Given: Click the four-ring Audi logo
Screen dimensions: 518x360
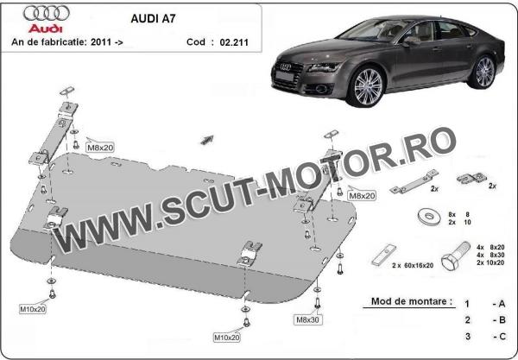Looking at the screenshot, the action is (x=47, y=13).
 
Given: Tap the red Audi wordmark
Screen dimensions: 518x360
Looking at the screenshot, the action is (x=45, y=28).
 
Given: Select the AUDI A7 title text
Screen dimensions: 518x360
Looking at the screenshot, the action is (x=153, y=18).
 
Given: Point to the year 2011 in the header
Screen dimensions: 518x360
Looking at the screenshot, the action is (x=98, y=42).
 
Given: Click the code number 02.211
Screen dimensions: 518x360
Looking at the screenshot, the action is (x=234, y=42).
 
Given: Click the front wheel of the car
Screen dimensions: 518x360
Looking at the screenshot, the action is (x=368, y=87).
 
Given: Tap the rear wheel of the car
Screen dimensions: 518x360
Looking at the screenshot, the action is (x=483, y=72).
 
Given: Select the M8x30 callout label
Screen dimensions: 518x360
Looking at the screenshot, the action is (x=307, y=319).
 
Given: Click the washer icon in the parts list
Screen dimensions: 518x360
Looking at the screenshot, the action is (x=429, y=217).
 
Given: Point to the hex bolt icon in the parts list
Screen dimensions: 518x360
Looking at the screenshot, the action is (x=456, y=256).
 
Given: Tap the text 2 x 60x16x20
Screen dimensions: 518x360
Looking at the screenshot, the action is (x=413, y=265).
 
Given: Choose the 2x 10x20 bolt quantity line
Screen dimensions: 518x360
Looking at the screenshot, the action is (x=490, y=262).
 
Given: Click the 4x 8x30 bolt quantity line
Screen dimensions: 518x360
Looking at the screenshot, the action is (x=490, y=255).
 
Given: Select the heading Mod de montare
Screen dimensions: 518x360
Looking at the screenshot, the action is (x=412, y=301).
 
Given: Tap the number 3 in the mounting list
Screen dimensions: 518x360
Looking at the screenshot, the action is (x=467, y=336).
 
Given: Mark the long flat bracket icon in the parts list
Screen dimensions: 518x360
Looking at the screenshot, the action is (x=414, y=181).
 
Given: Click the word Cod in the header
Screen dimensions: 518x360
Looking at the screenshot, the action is (x=196, y=42).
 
